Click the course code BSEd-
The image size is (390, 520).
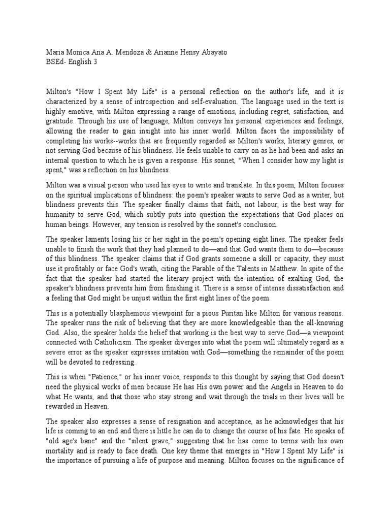pos(58,62)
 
